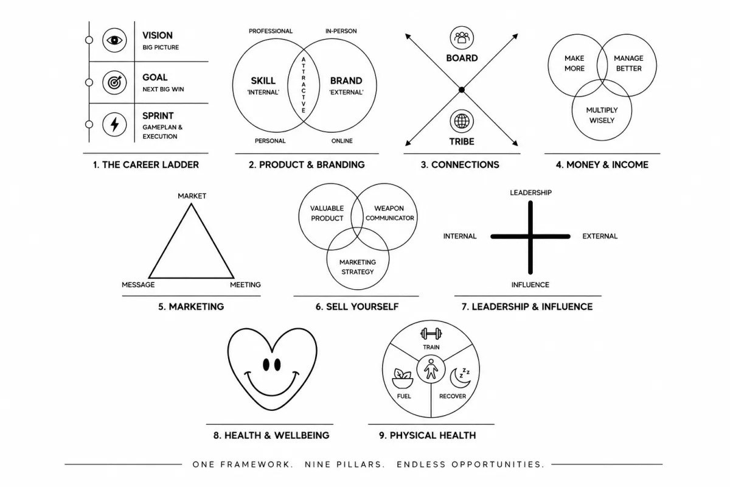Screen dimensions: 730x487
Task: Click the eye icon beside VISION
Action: (x=114, y=40)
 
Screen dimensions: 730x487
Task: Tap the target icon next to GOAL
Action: (x=114, y=83)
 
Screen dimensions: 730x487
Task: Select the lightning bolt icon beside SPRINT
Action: (x=114, y=124)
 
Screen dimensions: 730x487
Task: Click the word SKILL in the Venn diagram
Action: (x=263, y=80)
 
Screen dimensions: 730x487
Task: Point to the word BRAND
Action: (x=346, y=80)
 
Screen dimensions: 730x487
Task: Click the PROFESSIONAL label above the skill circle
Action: (x=271, y=31)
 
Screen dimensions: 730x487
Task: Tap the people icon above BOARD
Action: (x=462, y=38)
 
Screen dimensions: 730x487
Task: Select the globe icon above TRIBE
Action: (x=462, y=121)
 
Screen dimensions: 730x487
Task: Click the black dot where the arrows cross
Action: (x=462, y=89)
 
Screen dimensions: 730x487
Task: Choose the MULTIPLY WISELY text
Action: (x=602, y=115)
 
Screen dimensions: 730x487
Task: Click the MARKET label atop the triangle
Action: (x=192, y=196)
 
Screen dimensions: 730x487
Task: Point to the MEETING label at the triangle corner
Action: (x=245, y=285)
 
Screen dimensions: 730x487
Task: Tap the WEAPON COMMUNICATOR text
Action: (x=389, y=213)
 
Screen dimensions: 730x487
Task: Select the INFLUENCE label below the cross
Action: (x=530, y=285)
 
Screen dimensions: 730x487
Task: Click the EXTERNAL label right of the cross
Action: (x=600, y=236)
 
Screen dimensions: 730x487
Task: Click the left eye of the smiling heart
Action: (x=266, y=365)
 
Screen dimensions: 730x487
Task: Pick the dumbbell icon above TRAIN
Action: (x=431, y=334)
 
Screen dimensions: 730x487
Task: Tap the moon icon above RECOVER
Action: (x=460, y=377)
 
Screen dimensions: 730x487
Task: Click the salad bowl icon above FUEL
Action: (x=403, y=379)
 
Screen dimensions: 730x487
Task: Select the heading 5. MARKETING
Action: (x=191, y=307)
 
